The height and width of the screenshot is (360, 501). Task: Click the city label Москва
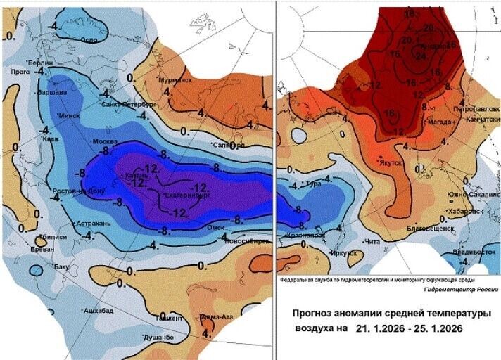point(85,142)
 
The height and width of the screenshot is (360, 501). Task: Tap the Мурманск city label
point(175,80)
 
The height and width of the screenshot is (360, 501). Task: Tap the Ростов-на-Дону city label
point(80,191)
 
